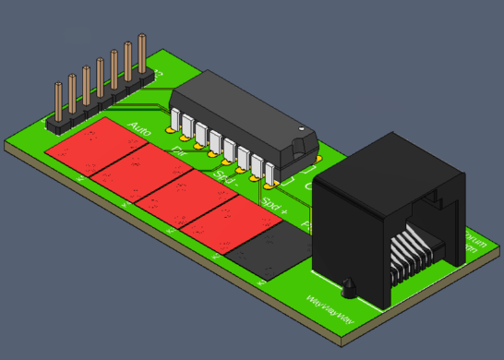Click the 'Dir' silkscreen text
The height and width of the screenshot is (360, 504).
[178, 150]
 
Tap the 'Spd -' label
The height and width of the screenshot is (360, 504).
[225, 175]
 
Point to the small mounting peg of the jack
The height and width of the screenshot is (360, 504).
[349, 288]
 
